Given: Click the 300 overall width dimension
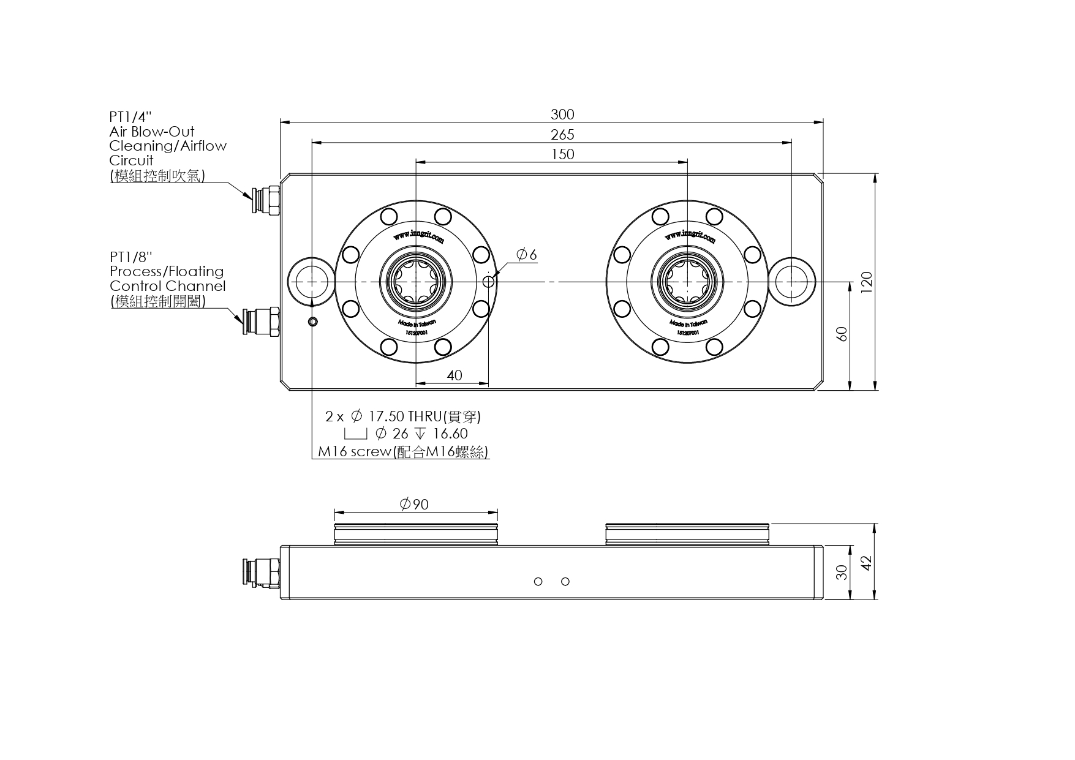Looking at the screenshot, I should point(562,115).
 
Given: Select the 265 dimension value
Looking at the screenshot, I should point(562,135).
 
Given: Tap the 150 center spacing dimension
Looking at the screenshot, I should point(562,154).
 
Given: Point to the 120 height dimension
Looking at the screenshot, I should point(866,282).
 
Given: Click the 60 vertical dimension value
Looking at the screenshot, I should point(842,334).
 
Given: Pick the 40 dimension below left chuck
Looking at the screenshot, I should point(455,375).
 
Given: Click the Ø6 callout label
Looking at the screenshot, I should point(527,255).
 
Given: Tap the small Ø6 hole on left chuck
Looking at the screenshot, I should point(489,281).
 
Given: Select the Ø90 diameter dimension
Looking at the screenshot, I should point(415,505).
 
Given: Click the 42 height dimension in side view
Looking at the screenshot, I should point(866,563).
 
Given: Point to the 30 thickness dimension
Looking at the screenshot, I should point(842,572).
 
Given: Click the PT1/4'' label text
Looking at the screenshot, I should point(130,116).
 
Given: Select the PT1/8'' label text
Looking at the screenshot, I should point(130,257).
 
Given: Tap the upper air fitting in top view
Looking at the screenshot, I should point(266,201).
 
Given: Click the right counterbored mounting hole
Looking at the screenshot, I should point(792,281).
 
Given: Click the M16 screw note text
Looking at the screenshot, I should point(403,452).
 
